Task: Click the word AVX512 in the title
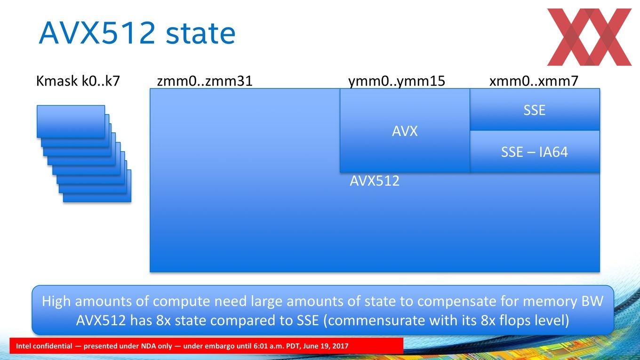97,32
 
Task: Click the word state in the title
200,34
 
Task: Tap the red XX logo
589,37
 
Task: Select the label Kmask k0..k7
78,81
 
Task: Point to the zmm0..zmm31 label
205,81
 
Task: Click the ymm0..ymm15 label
397,81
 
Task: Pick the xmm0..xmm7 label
534,81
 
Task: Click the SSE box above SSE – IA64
535,110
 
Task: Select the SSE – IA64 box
535,152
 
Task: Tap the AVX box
405,130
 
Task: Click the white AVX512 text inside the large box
375,181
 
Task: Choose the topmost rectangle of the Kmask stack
71,121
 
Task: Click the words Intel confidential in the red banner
44,346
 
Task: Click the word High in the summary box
56,302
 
